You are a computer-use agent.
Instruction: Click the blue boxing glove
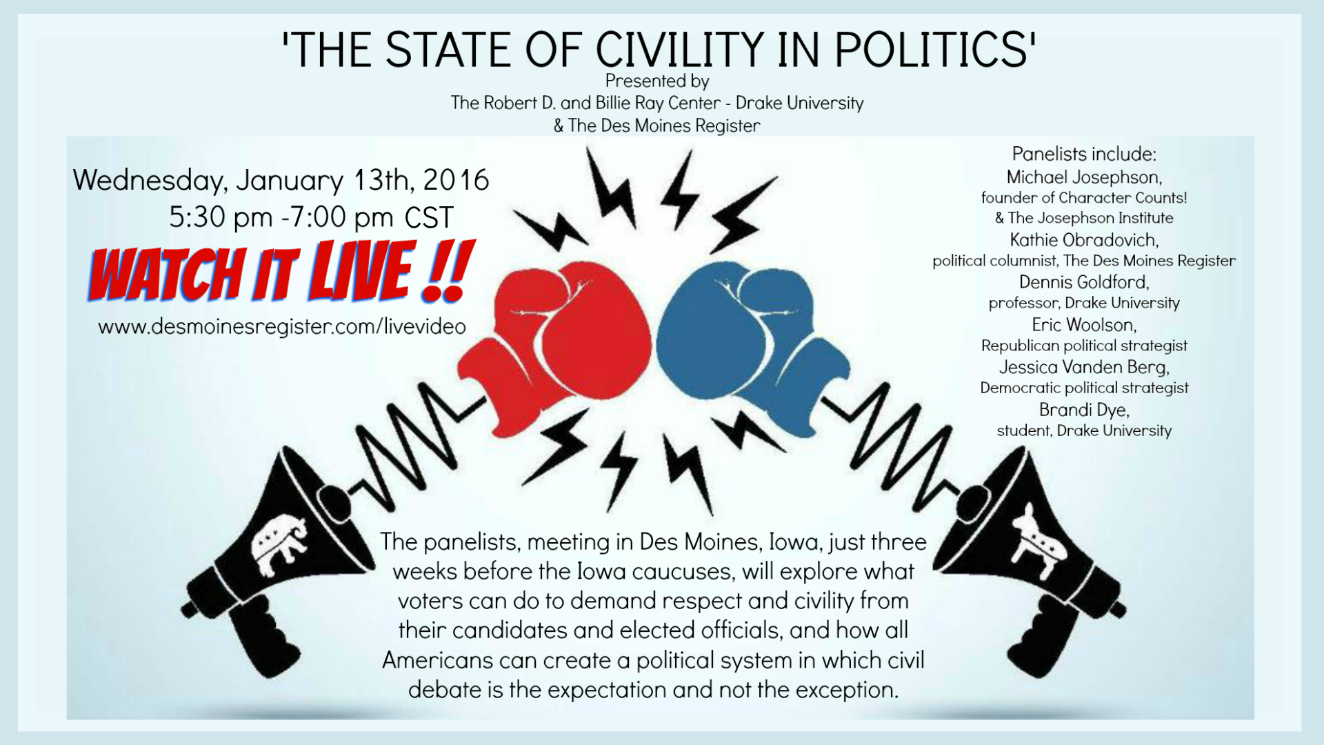[x=752, y=345]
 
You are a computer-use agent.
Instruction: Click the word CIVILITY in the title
[x=679, y=50]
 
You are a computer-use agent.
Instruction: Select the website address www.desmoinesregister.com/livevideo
[x=282, y=326]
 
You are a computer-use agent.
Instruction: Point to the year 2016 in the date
[x=456, y=180]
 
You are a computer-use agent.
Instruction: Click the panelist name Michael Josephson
[x=1084, y=177]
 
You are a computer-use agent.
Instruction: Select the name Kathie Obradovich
[x=1084, y=240]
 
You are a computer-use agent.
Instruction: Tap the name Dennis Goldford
[x=1084, y=282]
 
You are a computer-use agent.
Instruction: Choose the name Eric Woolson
[x=1084, y=324]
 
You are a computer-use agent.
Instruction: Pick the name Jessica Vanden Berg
[x=1084, y=367]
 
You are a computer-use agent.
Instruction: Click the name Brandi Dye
[x=1084, y=410]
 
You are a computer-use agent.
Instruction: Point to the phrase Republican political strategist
[x=1084, y=346]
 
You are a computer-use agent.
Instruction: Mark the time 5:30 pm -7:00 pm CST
[x=311, y=218]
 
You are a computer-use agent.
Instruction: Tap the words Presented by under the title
[x=657, y=81]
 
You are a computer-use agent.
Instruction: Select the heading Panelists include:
[x=1084, y=154]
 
